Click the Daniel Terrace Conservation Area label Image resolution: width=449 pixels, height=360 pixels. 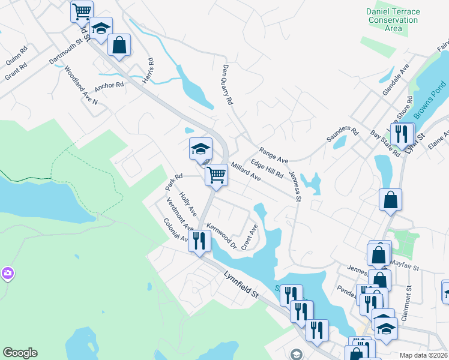[393, 20]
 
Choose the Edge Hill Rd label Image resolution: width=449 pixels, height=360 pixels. [267, 168]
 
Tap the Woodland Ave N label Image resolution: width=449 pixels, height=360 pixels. [80, 86]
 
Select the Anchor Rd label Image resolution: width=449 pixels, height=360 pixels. [109, 85]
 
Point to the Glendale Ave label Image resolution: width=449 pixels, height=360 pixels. [396, 79]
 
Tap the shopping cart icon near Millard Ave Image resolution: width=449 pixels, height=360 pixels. [216, 175]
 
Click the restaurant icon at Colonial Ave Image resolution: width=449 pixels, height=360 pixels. [199, 241]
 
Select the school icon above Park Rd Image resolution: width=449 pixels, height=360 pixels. [200, 149]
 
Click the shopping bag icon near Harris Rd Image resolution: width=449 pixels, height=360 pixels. [119, 45]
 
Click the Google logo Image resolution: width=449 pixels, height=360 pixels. [20, 353]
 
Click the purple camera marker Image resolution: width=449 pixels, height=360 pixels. [7, 274]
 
